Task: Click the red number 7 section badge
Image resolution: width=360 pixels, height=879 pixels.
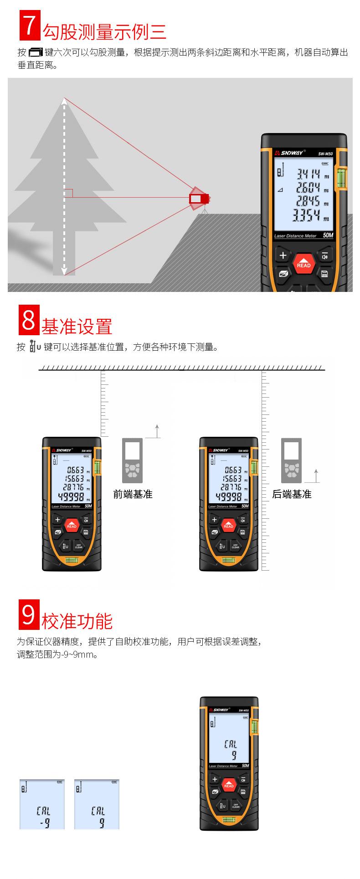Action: [29, 26]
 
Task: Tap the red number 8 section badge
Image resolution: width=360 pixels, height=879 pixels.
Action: [28, 320]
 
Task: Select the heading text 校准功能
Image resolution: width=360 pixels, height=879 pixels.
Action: [77, 621]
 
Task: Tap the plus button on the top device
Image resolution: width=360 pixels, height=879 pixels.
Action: [283, 256]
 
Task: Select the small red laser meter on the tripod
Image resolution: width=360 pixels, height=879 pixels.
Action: [199, 199]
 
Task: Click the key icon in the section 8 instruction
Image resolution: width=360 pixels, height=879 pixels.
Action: [35, 347]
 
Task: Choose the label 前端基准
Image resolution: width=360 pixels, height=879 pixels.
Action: [133, 494]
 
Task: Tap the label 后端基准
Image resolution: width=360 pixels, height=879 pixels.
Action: [291, 494]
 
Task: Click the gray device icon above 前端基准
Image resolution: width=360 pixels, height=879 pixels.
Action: [132, 460]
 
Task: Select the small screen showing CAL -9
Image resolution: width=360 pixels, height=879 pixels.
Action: [42, 804]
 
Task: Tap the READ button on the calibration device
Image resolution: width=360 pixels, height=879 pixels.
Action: [229, 785]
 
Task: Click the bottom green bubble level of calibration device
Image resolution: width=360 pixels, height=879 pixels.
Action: [229, 820]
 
